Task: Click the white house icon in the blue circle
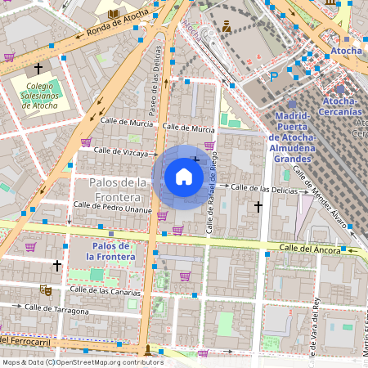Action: coord(184,177)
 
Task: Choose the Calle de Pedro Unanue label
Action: coord(112,209)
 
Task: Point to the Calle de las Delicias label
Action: coord(264,188)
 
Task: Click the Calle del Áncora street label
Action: coord(308,247)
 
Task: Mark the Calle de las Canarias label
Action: coord(105,290)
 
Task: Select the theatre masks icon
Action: coord(47,289)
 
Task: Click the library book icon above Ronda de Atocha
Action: coord(112,14)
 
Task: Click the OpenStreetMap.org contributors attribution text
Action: coord(111,361)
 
